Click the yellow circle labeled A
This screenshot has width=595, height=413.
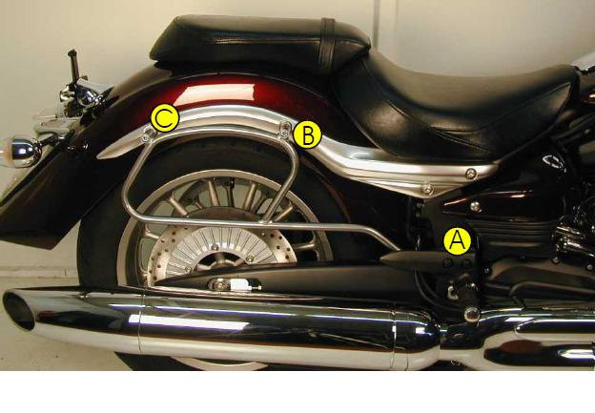458,240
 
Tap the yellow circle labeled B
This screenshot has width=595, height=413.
307,134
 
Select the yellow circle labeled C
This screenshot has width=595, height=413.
165,118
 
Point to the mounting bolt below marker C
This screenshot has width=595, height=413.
149,133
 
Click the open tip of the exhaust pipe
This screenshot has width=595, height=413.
17,310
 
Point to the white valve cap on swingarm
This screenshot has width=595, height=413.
239,283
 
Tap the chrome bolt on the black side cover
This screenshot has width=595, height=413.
475,206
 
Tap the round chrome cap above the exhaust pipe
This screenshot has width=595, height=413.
472,314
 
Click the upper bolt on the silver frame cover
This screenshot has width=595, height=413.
471,174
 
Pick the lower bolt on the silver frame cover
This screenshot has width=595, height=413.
427,188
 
